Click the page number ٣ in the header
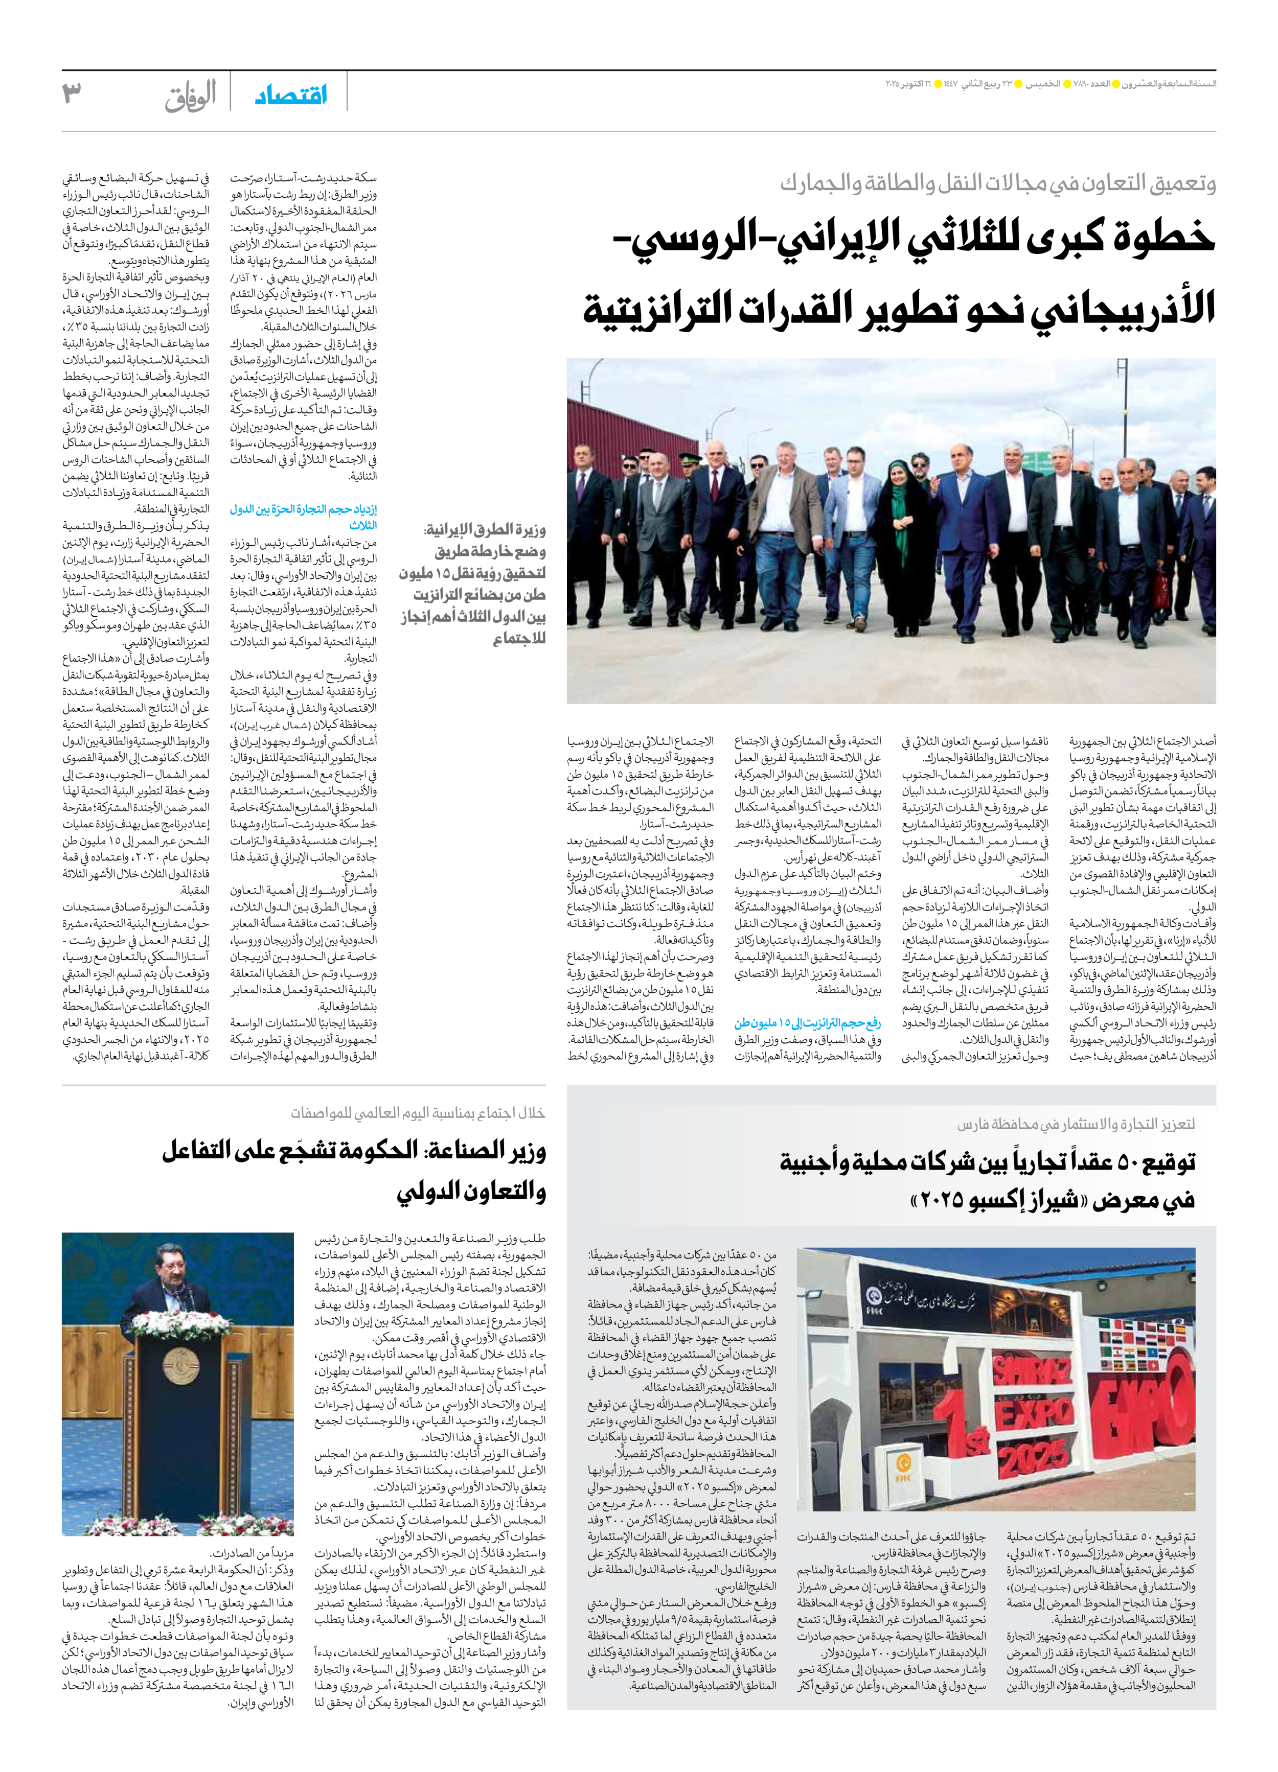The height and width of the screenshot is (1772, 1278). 72,94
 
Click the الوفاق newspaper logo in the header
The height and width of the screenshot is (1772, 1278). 190,96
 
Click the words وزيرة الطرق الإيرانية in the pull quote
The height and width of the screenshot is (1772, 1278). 485,530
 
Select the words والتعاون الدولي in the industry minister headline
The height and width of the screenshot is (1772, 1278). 470,1192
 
